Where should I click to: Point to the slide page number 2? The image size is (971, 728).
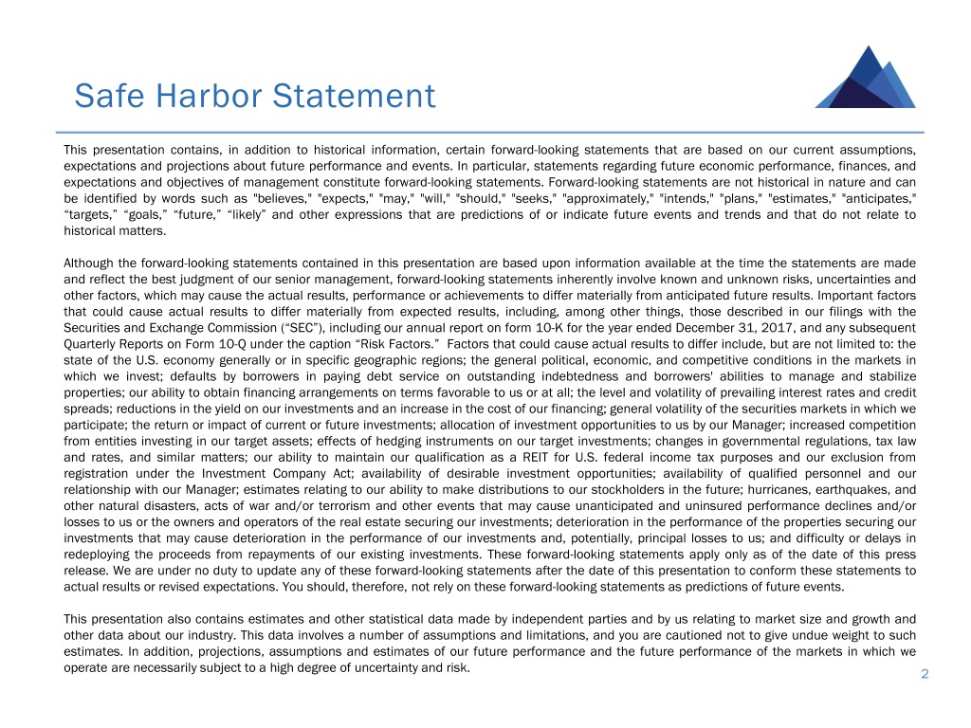point(923,673)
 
